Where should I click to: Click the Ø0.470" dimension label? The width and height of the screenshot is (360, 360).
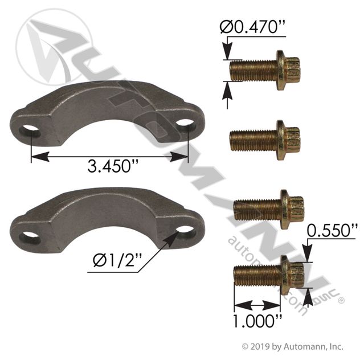(x=252, y=27)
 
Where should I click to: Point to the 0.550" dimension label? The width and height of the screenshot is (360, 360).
(x=332, y=230)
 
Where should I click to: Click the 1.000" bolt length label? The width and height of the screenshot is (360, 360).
(x=257, y=321)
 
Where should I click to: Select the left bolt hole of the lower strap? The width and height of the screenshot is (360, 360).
(x=30, y=238)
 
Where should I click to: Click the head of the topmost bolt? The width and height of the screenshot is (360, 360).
(x=288, y=70)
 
